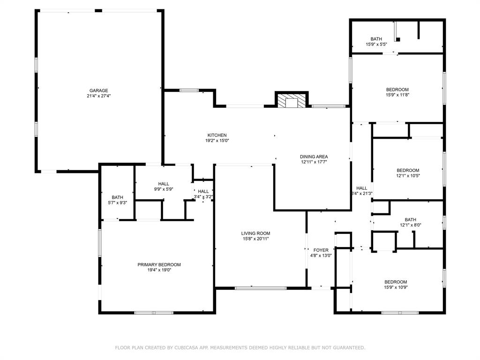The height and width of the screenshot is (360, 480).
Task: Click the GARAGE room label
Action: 99,90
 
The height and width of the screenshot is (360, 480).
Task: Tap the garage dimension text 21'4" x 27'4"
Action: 99,96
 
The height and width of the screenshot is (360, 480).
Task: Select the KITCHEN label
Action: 217,135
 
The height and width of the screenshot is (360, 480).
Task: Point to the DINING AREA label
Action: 314,157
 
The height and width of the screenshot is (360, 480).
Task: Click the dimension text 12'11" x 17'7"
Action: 314,162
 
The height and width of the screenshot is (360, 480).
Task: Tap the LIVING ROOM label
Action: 255,233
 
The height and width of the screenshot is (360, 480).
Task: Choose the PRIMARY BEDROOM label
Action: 159,264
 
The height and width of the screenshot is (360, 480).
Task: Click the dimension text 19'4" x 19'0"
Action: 159,270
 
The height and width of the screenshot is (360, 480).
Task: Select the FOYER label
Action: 321,250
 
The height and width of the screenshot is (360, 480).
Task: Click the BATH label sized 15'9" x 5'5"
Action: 376,39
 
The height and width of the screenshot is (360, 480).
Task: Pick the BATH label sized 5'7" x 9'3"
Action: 117,197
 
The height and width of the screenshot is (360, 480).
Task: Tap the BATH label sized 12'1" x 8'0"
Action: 410,219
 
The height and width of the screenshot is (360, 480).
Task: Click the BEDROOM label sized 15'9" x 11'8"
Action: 397,90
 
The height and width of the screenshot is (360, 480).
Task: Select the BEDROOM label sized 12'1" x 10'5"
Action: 408,170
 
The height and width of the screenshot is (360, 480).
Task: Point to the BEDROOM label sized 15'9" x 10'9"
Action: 396,282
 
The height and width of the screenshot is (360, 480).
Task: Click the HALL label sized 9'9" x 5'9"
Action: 164,184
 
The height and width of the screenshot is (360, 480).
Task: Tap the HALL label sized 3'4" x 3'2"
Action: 203,191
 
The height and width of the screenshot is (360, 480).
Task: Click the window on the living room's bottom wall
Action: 261,288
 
